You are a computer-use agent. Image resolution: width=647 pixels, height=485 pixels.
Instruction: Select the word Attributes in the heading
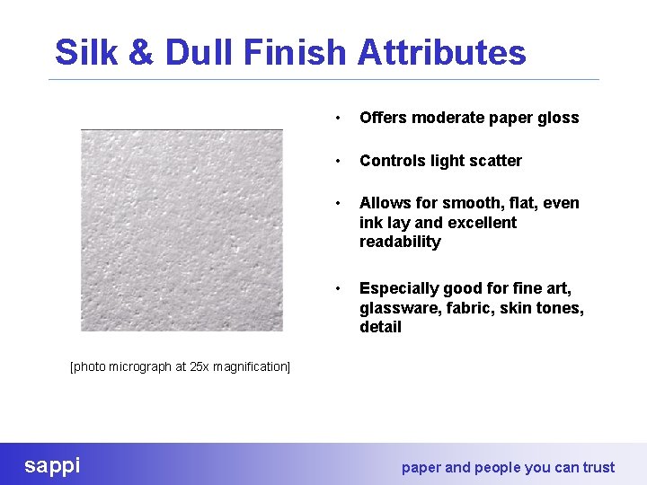441,53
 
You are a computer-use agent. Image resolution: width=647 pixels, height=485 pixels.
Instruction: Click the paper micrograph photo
182,231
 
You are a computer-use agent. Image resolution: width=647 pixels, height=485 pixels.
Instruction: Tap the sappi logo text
52,465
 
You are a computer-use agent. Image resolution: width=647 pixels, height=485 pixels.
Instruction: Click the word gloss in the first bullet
559,118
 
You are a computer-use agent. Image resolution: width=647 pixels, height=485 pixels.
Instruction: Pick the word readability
400,242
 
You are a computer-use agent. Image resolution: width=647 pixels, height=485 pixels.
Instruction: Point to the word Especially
399,288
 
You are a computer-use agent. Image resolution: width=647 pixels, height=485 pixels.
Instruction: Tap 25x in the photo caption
200,367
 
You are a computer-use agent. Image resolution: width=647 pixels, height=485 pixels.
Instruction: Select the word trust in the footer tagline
598,467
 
